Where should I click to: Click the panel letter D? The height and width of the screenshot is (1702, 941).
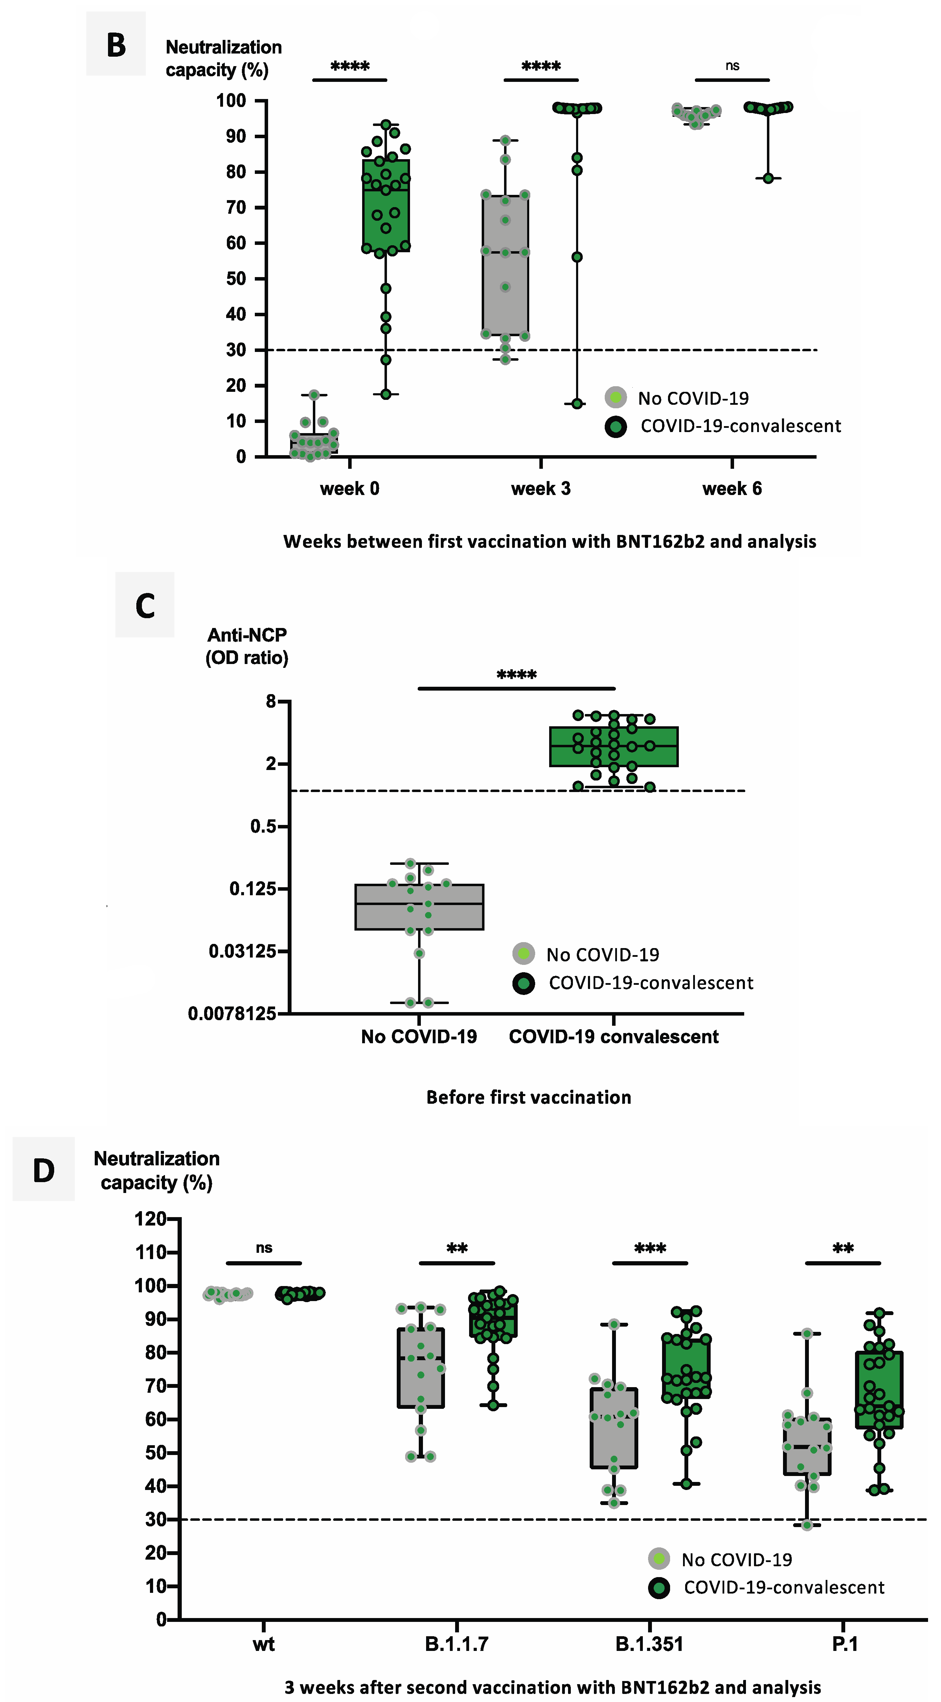(44, 1170)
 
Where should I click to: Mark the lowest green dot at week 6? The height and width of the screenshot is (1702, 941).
(768, 178)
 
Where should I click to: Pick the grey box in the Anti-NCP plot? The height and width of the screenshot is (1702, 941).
(419, 907)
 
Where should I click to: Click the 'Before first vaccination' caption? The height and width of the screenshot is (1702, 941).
(528, 1097)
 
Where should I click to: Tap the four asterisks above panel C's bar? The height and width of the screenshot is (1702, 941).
(516, 675)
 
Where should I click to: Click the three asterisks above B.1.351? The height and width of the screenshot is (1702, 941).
(650, 1248)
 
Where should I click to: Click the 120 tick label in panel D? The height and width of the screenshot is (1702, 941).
(151, 1219)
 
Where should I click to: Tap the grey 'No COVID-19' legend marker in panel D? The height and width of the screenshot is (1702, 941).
(658, 1559)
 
